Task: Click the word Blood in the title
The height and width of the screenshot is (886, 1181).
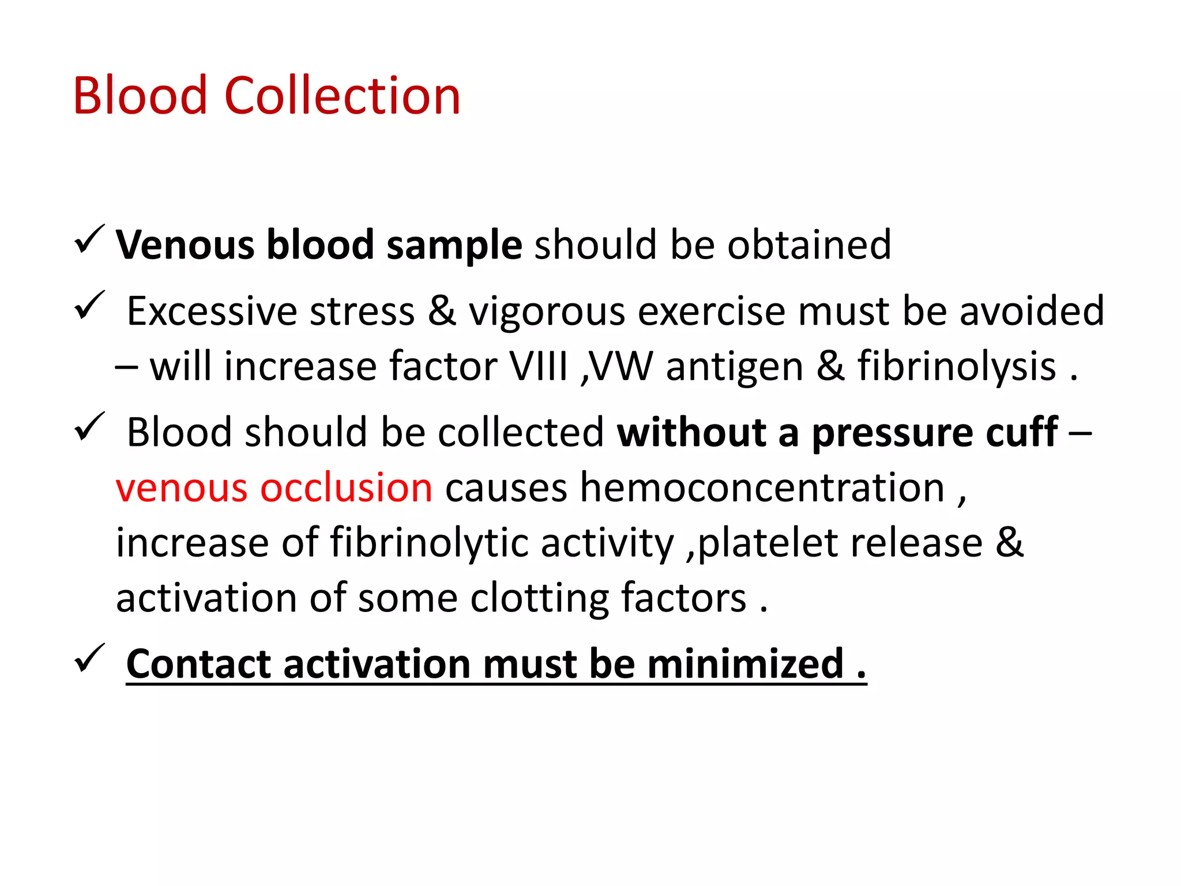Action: tap(140, 96)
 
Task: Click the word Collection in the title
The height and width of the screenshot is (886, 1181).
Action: tap(342, 96)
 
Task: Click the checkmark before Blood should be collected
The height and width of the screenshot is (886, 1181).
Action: tap(89, 427)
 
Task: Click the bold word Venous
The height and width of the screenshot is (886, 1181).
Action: tap(185, 245)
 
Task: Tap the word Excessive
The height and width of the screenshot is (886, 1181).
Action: tap(212, 311)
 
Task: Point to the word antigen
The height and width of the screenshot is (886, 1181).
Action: tap(735, 367)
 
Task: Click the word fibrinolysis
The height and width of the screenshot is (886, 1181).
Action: tap(957, 366)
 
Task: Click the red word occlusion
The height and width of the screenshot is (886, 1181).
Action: tap(346, 487)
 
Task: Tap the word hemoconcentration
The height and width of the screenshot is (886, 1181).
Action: tap(762, 487)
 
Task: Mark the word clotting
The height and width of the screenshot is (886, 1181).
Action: tap(539, 598)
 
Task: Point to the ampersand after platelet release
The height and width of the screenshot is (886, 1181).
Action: tap(1009, 543)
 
